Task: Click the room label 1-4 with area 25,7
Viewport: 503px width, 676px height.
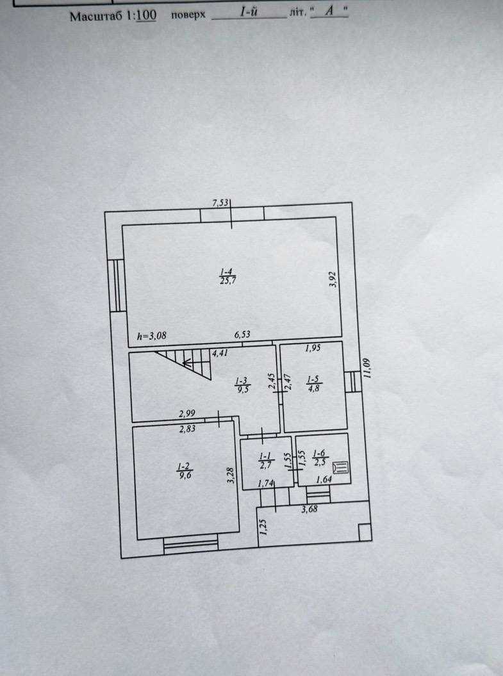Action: click(x=227, y=277)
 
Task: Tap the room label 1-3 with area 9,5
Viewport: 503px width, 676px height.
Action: click(x=242, y=385)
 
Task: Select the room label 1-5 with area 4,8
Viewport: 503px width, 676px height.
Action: click(x=313, y=384)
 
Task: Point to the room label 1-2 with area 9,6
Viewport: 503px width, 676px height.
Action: click(x=185, y=471)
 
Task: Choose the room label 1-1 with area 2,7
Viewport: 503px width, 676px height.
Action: click(x=265, y=461)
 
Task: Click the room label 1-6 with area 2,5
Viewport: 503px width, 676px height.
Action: click(x=319, y=458)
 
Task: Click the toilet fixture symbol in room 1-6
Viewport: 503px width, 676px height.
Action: click(x=342, y=467)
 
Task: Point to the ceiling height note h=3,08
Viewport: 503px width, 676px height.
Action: click(x=152, y=336)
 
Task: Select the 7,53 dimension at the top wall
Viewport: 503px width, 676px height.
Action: click(x=220, y=202)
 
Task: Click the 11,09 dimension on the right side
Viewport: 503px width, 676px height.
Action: click(x=367, y=368)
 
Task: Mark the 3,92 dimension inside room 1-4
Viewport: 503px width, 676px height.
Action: click(x=333, y=279)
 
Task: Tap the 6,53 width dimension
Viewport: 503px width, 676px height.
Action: click(x=242, y=334)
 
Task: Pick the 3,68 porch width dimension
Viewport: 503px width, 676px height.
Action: click(x=309, y=509)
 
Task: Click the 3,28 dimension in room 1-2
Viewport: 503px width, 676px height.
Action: click(x=231, y=475)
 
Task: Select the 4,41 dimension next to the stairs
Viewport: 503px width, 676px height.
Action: click(x=220, y=353)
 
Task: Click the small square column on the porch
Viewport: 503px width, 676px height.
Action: click(x=365, y=532)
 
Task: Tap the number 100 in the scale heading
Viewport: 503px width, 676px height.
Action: click(x=147, y=15)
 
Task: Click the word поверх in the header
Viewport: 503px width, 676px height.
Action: click(x=188, y=15)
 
